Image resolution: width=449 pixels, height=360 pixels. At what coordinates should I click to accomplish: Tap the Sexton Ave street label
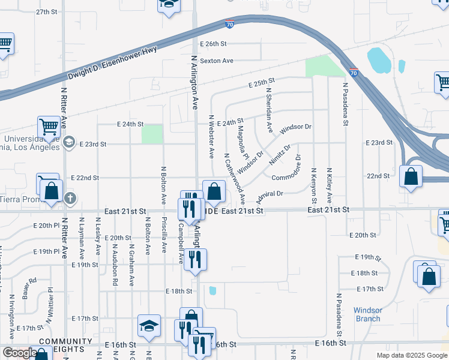coord(216,61)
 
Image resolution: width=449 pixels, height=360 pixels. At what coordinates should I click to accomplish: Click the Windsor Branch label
coord(368,314)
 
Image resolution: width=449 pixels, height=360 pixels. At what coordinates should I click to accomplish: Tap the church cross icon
coord(70,197)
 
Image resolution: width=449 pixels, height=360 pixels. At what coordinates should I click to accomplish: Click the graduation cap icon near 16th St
coord(149,325)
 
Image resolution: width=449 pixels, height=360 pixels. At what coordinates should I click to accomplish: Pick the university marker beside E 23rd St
coord(69,142)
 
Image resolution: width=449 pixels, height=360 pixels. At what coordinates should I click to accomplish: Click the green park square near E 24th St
coord(152,134)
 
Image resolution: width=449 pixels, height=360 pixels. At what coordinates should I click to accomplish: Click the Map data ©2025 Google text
coord(411,355)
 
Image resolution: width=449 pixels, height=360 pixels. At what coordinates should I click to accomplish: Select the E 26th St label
coord(214,44)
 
